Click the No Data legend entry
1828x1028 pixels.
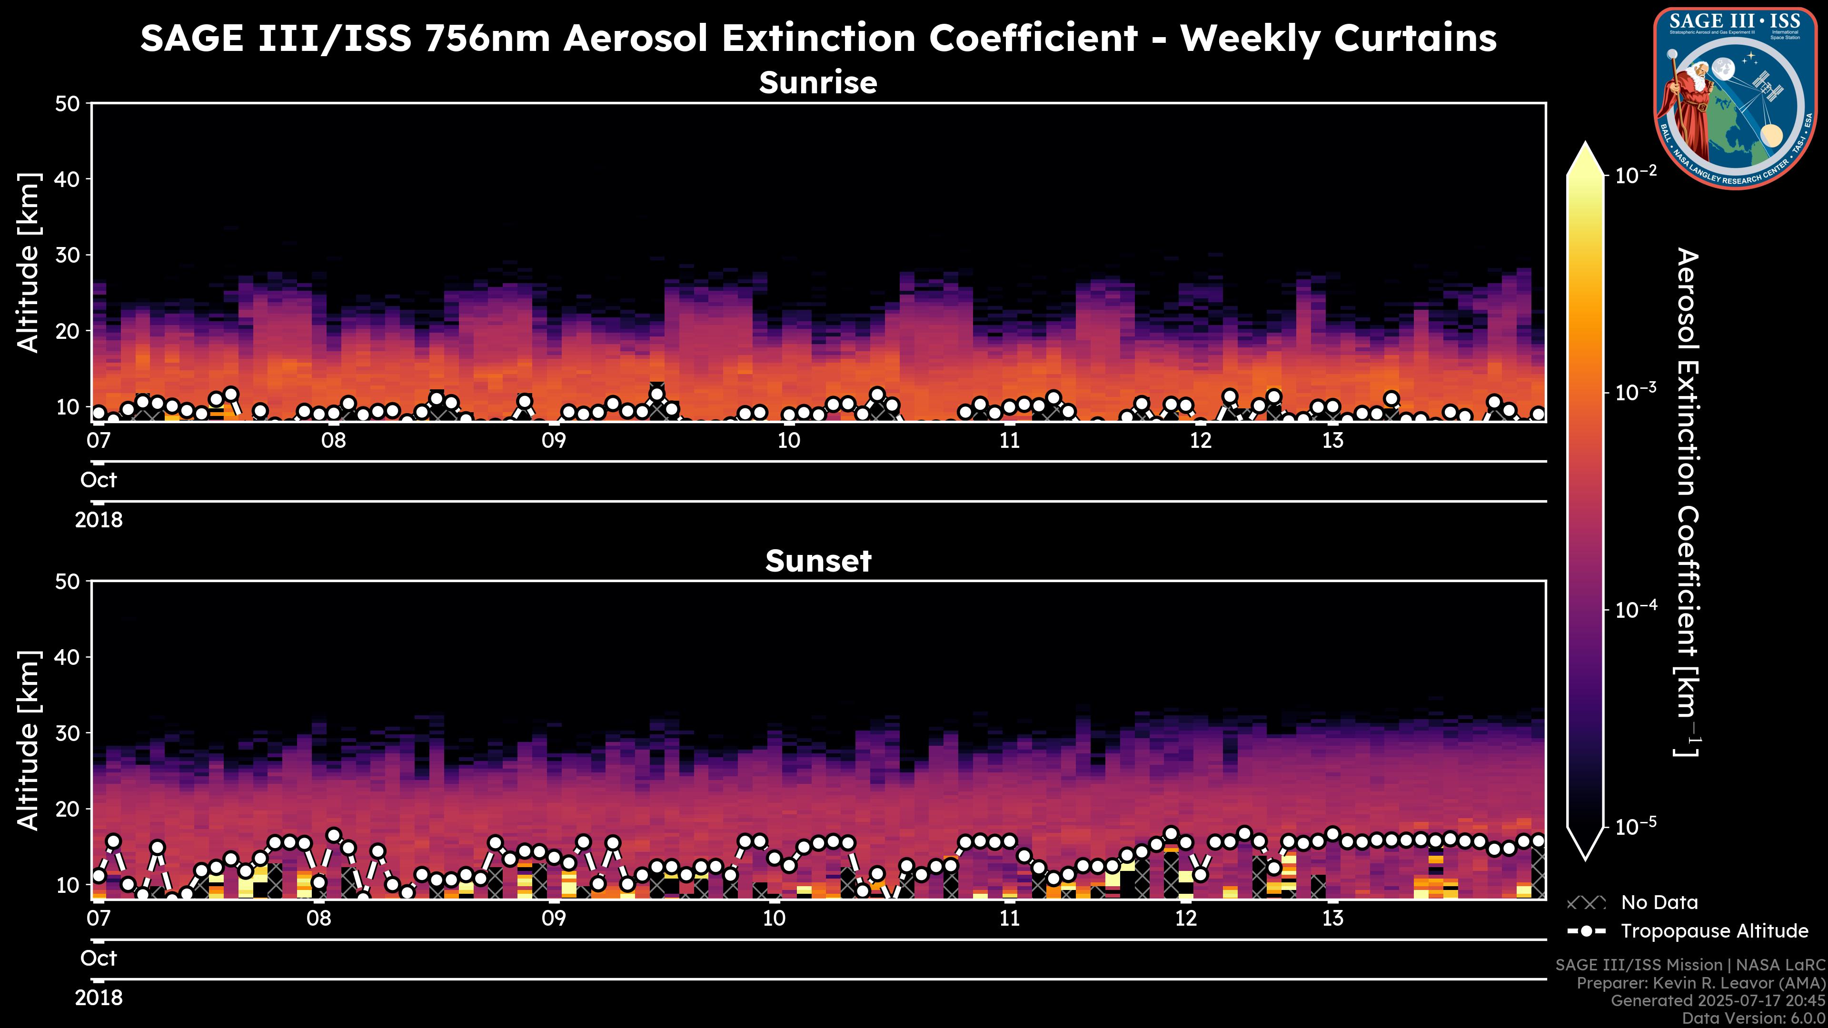1659,902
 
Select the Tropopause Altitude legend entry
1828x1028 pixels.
1714,931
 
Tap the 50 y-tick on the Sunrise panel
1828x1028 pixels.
69,104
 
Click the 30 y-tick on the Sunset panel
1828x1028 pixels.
69,733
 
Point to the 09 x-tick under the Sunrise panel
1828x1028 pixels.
554,441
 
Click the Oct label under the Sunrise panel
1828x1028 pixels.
99,480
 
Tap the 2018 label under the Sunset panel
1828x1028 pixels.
99,998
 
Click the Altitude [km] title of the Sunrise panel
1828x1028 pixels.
29,263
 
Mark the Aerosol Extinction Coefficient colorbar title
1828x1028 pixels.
1688,502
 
